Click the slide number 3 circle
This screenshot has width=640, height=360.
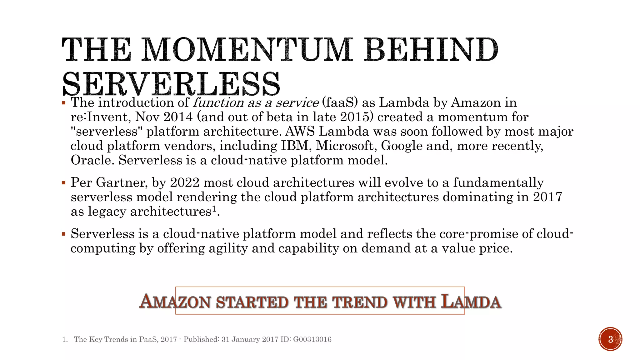tap(610, 339)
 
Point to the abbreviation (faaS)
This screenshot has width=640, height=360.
tap(340, 102)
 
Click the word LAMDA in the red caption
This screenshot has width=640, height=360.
tap(471, 302)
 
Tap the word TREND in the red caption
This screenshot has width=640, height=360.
tap(360, 302)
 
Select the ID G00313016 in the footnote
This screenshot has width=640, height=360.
tap(312, 339)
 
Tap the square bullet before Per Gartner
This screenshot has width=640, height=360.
tap(64, 182)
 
